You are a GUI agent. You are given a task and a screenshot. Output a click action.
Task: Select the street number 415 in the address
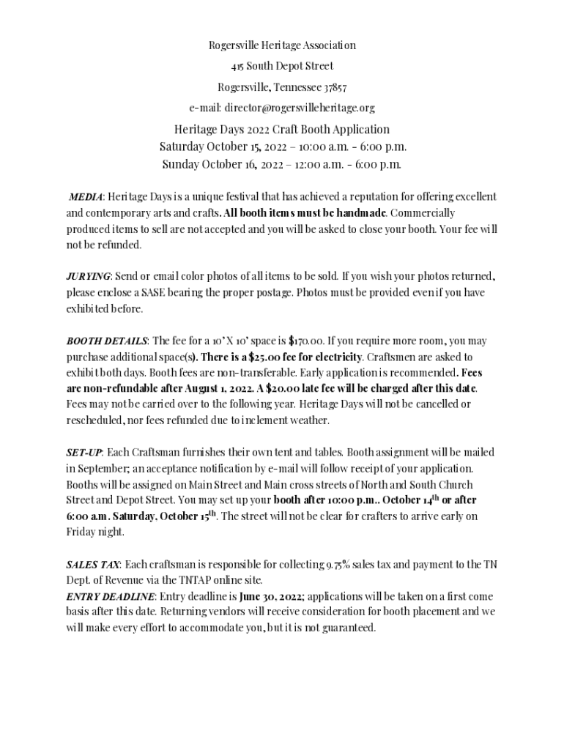(x=237, y=66)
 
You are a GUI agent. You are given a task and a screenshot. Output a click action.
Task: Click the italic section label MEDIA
(x=85, y=197)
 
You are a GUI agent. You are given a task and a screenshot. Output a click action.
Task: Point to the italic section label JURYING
(x=88, y=276)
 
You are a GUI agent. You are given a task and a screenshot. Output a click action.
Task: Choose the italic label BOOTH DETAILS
(x=107, y=341)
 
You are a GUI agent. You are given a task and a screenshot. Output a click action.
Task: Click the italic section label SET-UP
(x=84, y=453)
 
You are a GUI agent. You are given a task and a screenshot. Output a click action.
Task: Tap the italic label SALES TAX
(x=93, y=565)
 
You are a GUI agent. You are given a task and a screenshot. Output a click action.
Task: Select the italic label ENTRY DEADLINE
(x=110, y=596)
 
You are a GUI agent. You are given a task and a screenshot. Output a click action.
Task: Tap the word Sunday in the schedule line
(x=180, y=163)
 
